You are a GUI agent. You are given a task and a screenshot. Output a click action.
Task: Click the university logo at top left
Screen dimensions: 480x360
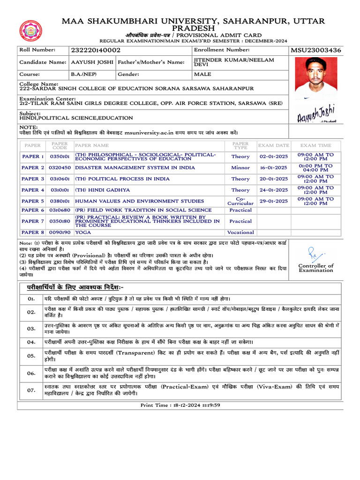[30, 31]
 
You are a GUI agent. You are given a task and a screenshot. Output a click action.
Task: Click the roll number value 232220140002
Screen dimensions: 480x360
[95, 50]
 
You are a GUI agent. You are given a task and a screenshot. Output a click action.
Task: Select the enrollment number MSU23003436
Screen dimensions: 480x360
[316, 50]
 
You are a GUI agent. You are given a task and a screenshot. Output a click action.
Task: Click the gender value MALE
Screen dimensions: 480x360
[202, 74]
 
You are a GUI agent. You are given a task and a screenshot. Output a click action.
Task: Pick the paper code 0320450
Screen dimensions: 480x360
[60, 167]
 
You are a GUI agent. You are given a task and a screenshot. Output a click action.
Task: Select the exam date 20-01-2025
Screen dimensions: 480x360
[273, 179]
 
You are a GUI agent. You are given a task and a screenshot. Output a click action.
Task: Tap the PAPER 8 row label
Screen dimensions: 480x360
[33, 232]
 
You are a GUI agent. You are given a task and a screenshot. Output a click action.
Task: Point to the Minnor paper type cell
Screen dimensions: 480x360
[240, 167]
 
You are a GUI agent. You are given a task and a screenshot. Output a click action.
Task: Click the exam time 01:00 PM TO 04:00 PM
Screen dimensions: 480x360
[315, 167]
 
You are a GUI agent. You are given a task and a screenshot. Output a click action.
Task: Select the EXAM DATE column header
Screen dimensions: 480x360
[273, 145]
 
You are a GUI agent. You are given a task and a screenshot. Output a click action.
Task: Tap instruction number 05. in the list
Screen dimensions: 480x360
[31, 356]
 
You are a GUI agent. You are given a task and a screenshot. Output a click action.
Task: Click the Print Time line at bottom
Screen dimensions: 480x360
[180, 405]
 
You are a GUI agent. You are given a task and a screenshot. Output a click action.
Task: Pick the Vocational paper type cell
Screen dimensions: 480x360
[240, 232]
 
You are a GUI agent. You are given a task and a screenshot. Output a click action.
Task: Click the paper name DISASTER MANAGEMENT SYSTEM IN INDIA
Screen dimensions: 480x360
[135, 167]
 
